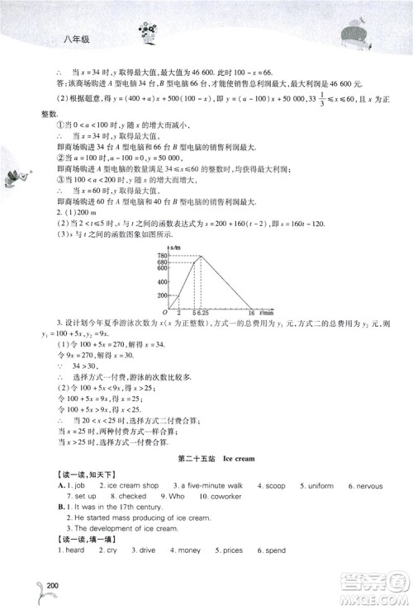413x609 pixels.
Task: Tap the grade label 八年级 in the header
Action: pyautogui.click(x=75, y=35)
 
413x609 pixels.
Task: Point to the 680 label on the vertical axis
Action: pyautogui.click(x=162, y=263)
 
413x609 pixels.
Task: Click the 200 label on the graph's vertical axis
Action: pyautogui.click(x=162, y=295)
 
